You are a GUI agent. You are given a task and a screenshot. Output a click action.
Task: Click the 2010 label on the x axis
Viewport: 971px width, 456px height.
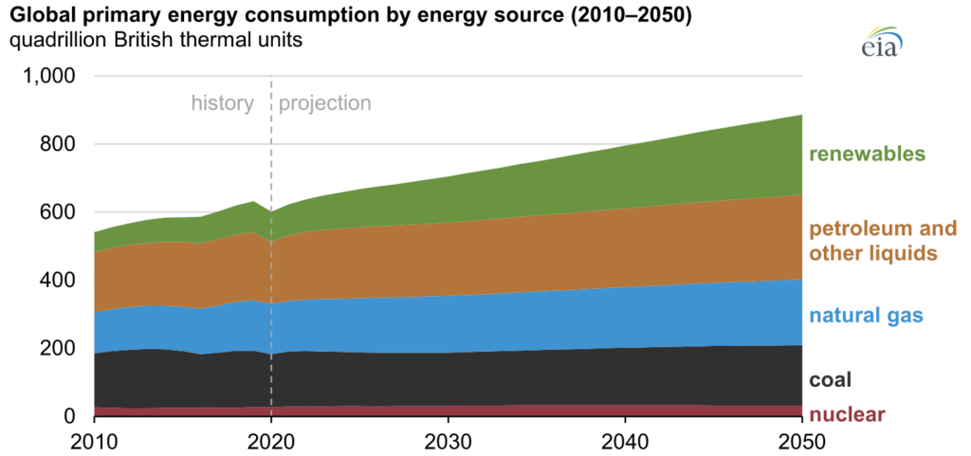click(x=95, y=441)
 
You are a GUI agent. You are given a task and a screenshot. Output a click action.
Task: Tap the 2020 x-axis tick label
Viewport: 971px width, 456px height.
click(x=271, y=441)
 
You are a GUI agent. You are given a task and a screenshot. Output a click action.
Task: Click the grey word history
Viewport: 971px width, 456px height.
click(x=223, y=103)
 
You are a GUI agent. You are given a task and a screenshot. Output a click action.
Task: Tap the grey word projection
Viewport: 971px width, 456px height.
click(x=324, y=103)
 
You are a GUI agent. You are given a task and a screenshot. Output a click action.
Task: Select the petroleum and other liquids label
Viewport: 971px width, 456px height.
click(x=882, y=241)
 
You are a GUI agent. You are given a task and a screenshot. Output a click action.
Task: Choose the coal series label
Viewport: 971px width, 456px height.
click(x=830, y=380)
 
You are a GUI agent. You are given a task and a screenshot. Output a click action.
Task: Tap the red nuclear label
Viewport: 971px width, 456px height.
click(x=846, y=414)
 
